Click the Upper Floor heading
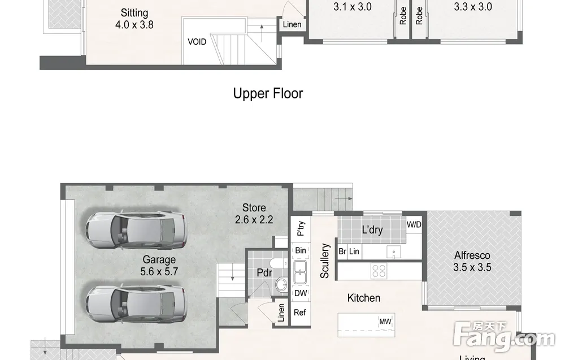click(268, 93)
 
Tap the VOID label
click(197, 42)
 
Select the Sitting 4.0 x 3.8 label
click(134, 19)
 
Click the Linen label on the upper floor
click(292, 24)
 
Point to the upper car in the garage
click(136, 231)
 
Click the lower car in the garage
click(136, 304)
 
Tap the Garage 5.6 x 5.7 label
click(159, 265)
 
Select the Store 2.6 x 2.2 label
click(254, 213)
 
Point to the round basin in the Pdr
click(281, 285)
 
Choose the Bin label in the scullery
click(301, 250)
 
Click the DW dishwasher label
click(301, 293)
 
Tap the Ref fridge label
click(300, 313)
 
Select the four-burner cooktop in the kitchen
click(379, 271)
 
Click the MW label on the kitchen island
click(385, 322)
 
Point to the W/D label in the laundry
click(414, 224)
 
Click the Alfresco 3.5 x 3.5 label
click(472, 261)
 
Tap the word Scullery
click(325, 261)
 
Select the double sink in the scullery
click(300, 272)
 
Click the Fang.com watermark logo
click(505, 337)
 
